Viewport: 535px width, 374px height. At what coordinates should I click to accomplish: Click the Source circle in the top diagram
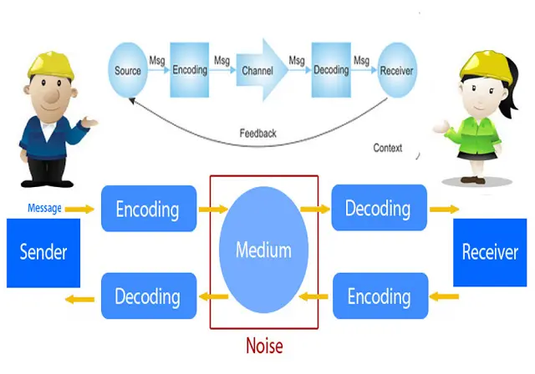point(128,71)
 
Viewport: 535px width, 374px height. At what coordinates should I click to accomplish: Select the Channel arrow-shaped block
point(260,71)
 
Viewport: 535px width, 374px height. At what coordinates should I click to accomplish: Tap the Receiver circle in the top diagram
point(396,71)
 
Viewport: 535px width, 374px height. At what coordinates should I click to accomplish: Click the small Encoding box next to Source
point(190,71)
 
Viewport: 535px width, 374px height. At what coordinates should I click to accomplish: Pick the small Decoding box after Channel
point(330,71)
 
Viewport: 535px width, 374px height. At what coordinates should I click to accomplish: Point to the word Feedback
point(257,133)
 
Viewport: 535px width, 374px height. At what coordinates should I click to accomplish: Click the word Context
point(387,149)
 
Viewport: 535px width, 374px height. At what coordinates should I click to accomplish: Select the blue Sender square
point(43,252)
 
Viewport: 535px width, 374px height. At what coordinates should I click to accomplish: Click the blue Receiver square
point(490,252)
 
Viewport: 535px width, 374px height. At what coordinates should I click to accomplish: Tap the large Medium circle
point(263,250)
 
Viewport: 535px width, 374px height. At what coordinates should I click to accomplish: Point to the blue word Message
point(43,208)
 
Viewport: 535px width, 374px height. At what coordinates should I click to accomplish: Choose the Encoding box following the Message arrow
point(148,209)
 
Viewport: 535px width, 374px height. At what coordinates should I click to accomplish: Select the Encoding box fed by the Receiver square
point(378,296)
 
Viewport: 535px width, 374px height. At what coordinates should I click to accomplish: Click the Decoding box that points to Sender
point(148,296)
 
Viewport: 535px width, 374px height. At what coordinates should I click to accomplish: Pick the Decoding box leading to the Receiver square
point(378,209)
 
